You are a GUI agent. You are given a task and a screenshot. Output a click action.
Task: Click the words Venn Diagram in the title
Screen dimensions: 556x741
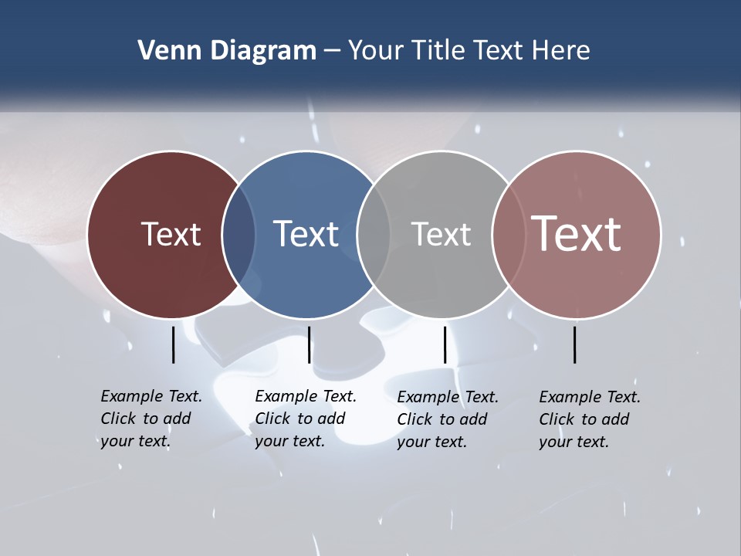tap(226, 51)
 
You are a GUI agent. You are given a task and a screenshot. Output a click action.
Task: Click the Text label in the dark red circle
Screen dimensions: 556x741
tap(171, 234)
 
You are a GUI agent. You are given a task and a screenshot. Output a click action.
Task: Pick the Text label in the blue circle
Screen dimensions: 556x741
tap(306, 234)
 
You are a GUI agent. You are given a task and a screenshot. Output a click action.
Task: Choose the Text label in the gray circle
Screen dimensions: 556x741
tap(441, 234)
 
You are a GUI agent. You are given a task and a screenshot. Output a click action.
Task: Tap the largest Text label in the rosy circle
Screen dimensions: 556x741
tap(576, 233)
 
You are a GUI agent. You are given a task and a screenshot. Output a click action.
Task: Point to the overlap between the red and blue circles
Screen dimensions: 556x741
tap(239, 234)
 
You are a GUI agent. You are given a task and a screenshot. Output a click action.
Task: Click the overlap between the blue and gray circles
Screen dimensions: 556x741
tap(374, 234)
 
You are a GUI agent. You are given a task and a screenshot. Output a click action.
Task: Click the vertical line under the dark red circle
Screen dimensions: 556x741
tap(174, 344)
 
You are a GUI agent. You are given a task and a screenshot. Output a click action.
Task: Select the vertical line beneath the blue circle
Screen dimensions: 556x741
tap(309, 344)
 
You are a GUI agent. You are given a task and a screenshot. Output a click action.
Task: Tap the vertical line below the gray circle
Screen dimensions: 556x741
tap(445, 344)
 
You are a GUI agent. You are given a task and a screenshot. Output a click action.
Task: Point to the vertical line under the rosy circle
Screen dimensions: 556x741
tap(574, 344)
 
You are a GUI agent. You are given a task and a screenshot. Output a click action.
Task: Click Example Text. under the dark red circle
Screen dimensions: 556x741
tap(151, 396)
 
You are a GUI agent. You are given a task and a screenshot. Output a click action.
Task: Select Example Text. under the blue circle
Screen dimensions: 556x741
tap(306, 396)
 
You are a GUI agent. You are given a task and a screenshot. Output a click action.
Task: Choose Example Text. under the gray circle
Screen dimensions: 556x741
tap(448, 397)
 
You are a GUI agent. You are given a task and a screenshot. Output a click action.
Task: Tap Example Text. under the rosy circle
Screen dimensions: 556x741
tap(590, 397)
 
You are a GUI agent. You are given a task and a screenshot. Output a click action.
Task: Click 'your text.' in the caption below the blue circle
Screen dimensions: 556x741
tap(289, 441)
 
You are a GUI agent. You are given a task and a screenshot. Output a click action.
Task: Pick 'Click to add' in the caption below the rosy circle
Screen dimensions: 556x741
tap(584, 419)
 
